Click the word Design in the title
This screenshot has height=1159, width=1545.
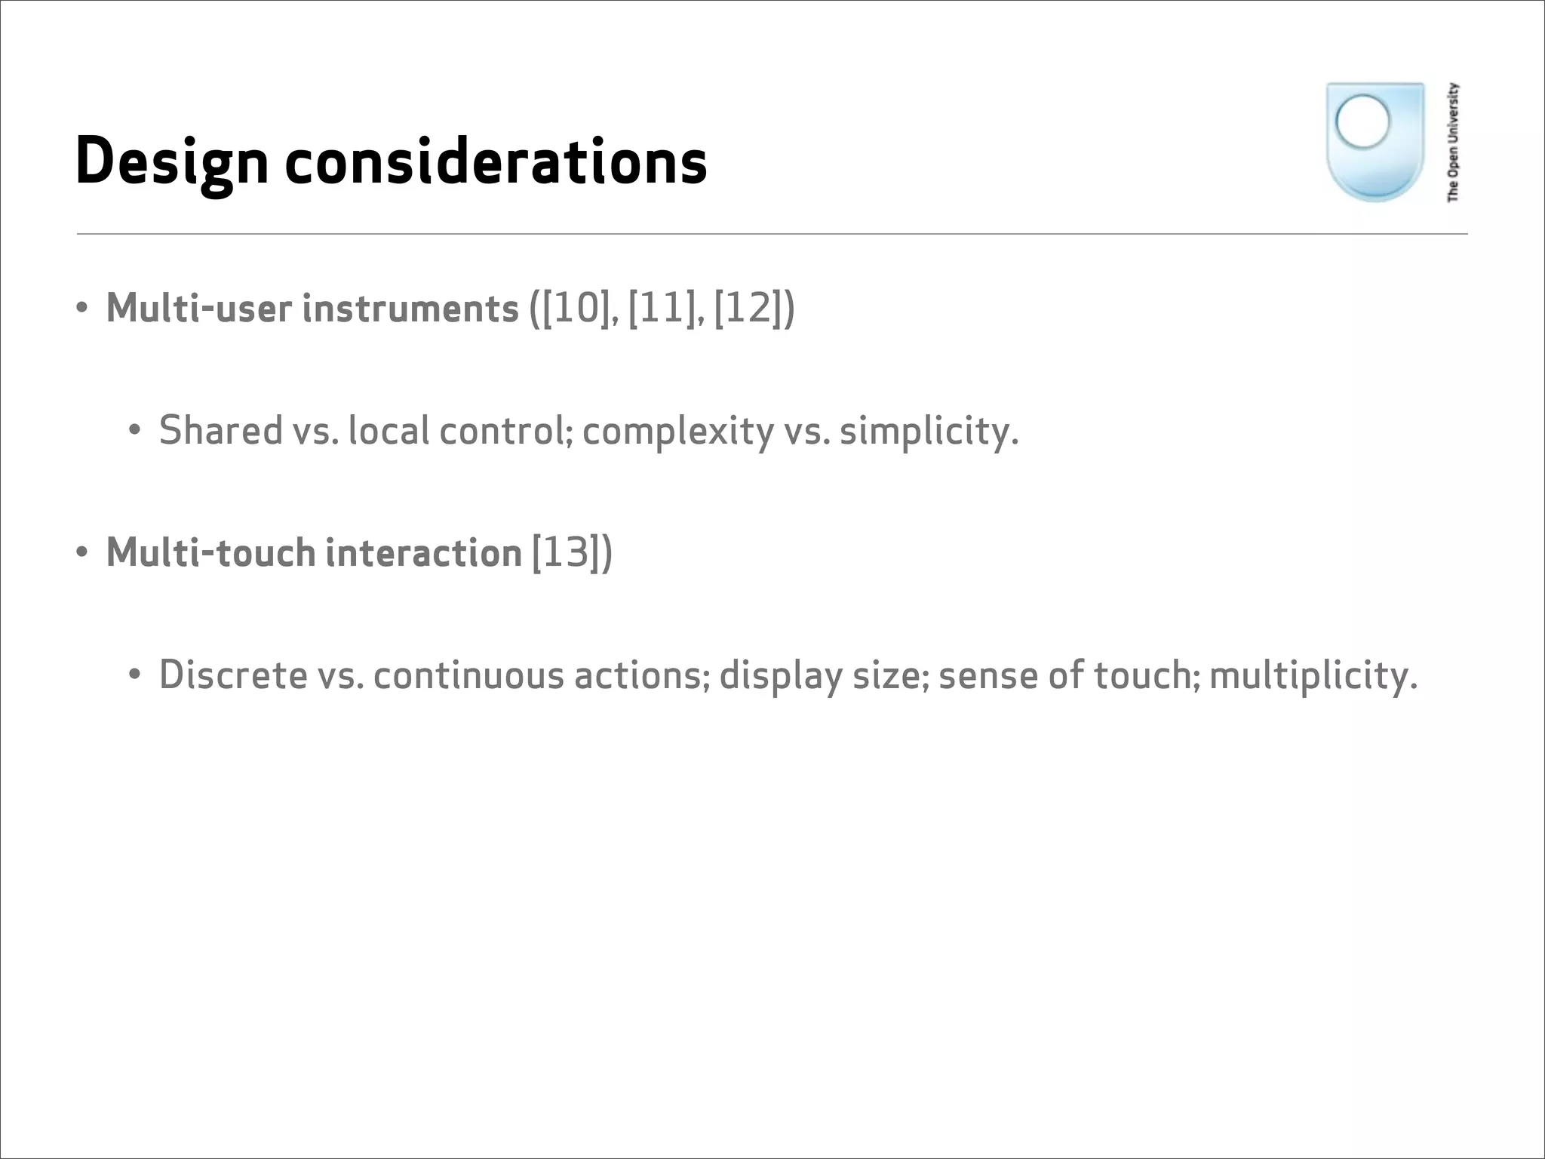[172, 162]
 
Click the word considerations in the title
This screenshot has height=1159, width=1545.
[496, 162]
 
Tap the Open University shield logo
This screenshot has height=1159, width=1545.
[1375, 143]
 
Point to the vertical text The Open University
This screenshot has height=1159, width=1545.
[1453, 143]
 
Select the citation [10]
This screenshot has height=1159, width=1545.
[576, 309]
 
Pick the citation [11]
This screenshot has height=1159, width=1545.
[662, 309]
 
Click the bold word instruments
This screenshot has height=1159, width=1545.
[410, 309]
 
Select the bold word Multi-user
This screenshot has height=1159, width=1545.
[199, 309]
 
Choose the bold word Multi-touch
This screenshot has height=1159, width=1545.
[210, 552]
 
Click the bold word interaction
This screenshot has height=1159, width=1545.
[423, 552]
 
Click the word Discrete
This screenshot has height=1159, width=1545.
[233, 675]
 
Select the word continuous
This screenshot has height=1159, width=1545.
[468, 675]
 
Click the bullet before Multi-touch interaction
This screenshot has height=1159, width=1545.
[82, 553]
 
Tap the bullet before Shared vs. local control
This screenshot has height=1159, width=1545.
[135, 431]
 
